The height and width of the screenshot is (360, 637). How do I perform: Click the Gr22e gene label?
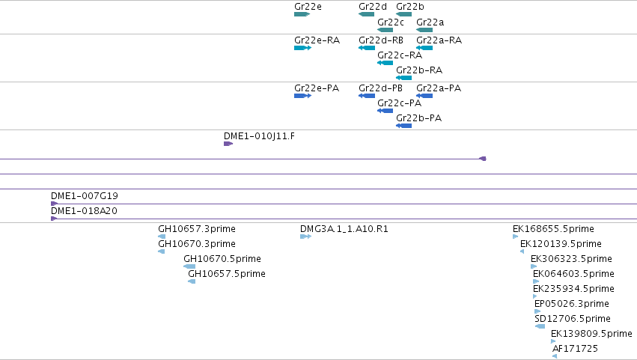coord(308,7)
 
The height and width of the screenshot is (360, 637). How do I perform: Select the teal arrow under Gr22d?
coord(367,14)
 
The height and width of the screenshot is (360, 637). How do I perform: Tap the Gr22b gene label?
coord(410,7)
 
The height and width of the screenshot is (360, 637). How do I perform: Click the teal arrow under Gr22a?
coord(424,30)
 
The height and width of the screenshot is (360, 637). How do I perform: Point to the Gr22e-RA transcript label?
coord(317,40)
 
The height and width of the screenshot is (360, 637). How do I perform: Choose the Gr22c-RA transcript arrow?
coord(385,63)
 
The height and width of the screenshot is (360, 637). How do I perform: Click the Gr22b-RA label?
coord(419,70)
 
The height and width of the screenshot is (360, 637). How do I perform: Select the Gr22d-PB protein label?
coord(381,88)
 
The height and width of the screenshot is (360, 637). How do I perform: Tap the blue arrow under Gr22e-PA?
coord(302,96)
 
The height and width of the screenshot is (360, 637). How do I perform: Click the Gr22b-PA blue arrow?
coord(403,126)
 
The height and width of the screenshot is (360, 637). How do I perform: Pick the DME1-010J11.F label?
coord(259,136)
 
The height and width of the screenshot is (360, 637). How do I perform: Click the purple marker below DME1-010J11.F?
coord(228,144)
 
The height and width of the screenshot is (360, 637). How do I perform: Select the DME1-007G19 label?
coord(85,196)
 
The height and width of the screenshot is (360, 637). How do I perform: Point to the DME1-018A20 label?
coord(84,211)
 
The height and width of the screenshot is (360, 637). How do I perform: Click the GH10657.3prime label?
coord(197,229)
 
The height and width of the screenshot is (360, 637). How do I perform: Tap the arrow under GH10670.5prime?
coord(189,266)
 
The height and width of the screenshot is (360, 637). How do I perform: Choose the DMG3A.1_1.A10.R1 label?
coord(344,229)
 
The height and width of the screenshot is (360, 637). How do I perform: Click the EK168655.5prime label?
coord(553,229)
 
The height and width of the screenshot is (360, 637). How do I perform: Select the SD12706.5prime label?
coord(573,319)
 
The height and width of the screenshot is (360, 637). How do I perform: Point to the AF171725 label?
coord(576,349)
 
